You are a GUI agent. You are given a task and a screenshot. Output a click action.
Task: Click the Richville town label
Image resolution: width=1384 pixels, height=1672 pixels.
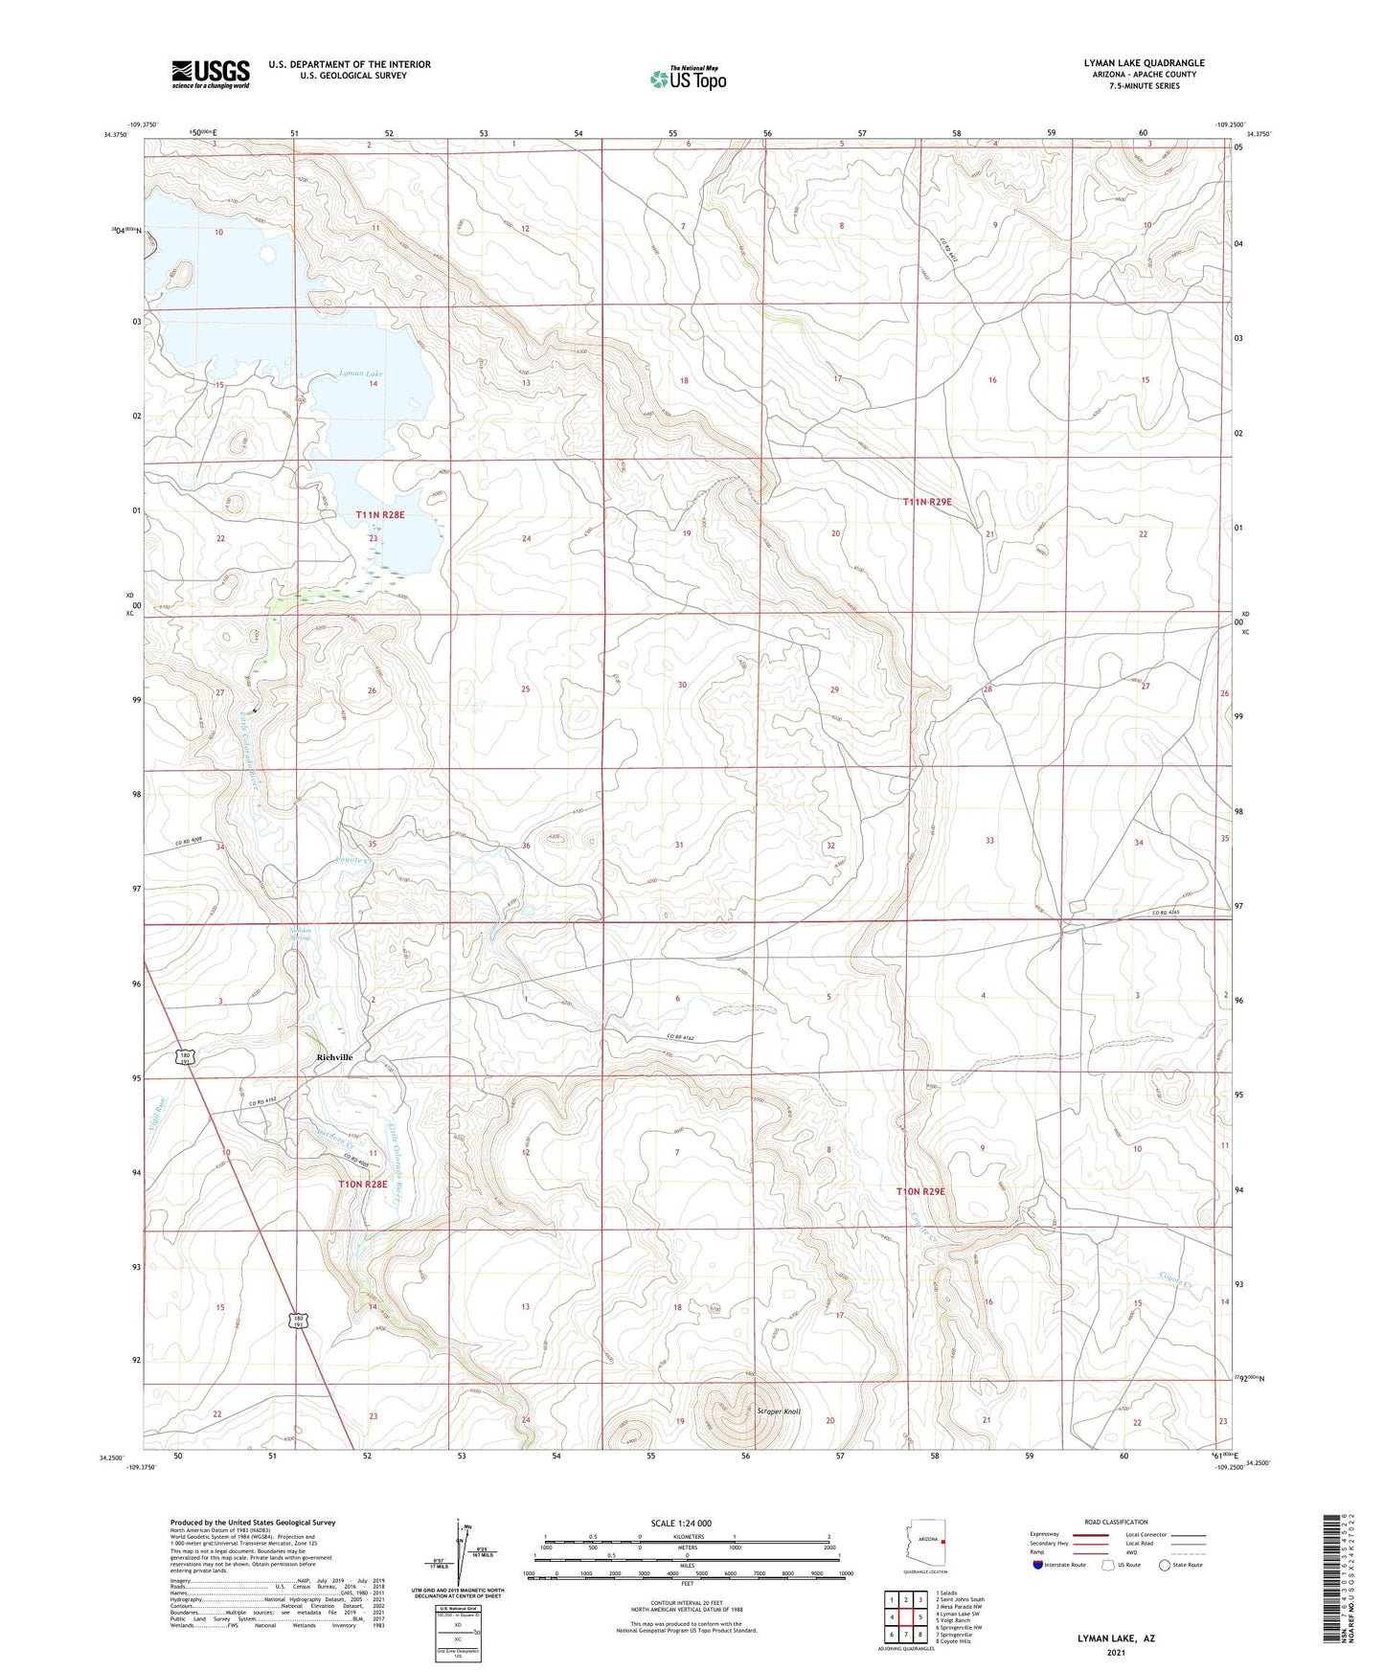(x=334, y=1057)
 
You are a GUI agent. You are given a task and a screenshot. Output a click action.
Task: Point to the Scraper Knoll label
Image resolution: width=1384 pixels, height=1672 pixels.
(x=778, y=1412)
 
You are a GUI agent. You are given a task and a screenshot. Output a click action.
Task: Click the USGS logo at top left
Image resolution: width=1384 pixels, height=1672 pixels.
(x=211, y=74)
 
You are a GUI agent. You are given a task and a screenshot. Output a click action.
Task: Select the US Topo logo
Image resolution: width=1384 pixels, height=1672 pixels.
(x=688, y=79)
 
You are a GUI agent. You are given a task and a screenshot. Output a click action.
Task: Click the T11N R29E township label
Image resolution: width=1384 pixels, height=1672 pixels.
(x=927, y=502)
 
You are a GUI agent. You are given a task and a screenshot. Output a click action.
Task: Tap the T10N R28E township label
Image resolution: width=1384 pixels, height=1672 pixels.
(x=363, y=1185)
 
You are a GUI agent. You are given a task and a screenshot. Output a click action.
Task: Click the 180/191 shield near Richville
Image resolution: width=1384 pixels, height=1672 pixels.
(x=185, y=1058)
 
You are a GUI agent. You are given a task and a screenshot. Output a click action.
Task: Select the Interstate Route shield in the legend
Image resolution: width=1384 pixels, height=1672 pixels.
(x=1039, y=1565)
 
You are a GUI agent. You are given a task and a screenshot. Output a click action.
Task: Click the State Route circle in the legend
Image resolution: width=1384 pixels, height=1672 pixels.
(x=1165, y=1565)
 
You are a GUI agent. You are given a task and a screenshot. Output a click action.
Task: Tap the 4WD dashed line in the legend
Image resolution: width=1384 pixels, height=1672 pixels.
(x=1188, y=1554)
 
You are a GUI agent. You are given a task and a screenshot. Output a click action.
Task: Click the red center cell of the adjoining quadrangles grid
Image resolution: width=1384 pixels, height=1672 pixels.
(x=905, y=1616)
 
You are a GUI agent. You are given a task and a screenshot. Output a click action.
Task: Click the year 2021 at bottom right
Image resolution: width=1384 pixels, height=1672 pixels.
(x=1116, y=1653)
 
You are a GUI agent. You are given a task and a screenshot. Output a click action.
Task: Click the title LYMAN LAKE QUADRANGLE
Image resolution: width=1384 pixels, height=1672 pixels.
(x=1144, y=63)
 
